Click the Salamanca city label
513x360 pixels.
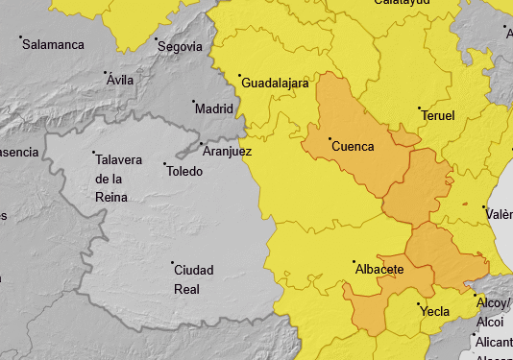tap(53, 44)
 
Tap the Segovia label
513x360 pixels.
tap(181, 46)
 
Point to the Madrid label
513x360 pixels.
tap(213, 108)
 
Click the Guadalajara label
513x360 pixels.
tap(279, 83)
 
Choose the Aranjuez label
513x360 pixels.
tap(227, 151)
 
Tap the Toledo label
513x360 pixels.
tap(184, 171)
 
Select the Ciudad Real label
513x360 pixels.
tap(193, 278)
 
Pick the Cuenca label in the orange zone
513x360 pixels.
tap(353, 146)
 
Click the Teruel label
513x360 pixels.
tap(437, 115)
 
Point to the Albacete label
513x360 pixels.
tap(379, 269)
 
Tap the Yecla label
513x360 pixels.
tap(434, 311)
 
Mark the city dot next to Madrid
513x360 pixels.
tap(193, 101)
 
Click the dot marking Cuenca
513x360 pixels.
tap(330, 139)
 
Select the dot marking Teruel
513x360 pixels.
tap(419, 108)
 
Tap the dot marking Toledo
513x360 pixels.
tap(164, 163)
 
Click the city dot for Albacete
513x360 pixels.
tap(354, 261)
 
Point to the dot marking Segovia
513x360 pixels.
tap(156, 39)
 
